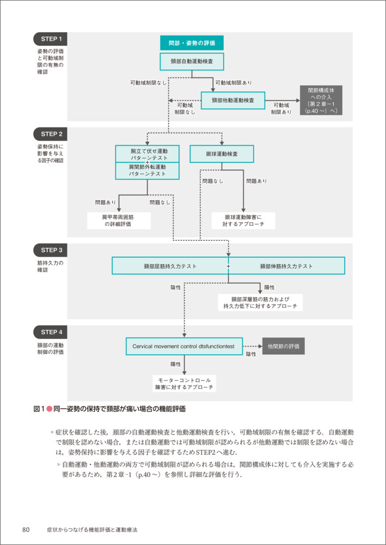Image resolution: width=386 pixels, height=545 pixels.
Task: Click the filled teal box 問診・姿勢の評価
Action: tap(192, 43)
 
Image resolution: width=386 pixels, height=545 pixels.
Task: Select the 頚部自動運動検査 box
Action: tap(192, 61)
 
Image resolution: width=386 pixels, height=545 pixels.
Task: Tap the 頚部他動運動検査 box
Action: tap(232, 100)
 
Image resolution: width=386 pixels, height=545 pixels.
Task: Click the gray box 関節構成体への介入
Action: tap(321, 100)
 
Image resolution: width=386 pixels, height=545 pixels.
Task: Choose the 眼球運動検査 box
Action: tap(222, 154)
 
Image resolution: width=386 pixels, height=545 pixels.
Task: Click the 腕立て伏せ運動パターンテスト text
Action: tap(148, 154)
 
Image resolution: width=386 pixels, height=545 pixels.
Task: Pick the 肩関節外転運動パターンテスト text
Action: tap(148, 170)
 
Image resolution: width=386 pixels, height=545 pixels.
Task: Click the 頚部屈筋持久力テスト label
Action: tap(170, 266)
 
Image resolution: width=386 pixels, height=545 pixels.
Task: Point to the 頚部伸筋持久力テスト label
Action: tap(286, 266)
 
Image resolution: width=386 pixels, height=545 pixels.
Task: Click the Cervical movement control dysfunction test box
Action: tap(184, 346)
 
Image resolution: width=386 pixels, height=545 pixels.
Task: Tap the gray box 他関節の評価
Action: tap(284, 346)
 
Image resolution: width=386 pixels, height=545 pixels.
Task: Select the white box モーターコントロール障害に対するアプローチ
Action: tap(184, 383)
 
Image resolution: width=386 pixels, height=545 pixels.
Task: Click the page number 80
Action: tap(26, 529)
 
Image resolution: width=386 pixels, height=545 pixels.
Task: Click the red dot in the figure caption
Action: tap(48, 408)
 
